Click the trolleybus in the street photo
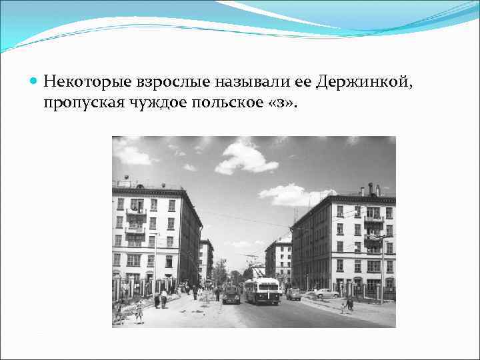click(262, 291)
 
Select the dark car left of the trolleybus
click(231, 295)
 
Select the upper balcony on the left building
click(136, 211)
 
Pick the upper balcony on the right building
click(373, 218)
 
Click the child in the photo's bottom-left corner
click(139, 311)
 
